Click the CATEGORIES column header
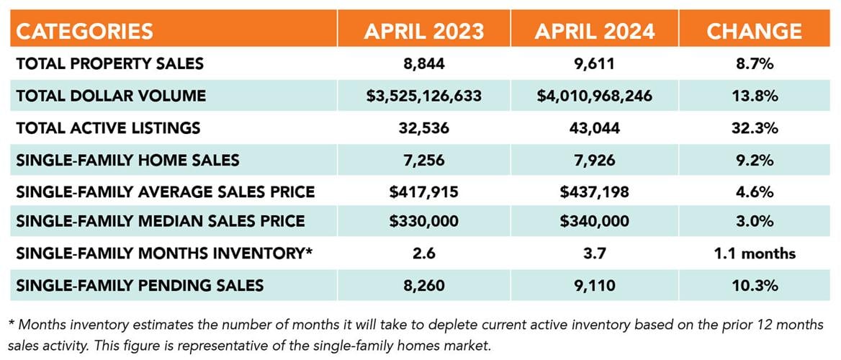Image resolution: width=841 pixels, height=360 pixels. pos(85,30)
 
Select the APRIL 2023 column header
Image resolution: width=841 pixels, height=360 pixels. pos(423,30)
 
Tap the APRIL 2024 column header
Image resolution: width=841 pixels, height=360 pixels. pos(595,30)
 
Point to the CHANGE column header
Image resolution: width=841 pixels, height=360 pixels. pos(754,30)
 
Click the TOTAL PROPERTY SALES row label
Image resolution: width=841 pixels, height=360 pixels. pos(110,63)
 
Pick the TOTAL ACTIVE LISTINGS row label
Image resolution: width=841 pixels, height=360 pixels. pos(108,128)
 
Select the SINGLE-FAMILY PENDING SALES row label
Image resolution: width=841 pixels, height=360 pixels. pos(140,285)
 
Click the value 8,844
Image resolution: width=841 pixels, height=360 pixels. pos(424,63)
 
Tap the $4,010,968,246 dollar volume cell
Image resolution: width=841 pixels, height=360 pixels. pos(595,96)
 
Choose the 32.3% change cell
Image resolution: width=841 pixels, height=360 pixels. pos(754,128)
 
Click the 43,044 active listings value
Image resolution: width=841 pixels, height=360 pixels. pos(595,128)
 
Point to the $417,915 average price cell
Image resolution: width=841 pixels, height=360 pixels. pos(424,192)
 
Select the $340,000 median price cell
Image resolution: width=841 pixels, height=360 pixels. pos(595,222)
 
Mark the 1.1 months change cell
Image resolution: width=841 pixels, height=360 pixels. pos(754,253)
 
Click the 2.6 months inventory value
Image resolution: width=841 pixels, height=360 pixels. pos(424,253)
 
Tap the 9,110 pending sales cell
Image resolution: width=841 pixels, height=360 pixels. pos(595,285)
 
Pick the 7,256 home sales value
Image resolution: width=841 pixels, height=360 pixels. pos(424,160)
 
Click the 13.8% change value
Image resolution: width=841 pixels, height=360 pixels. pos(754,96)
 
